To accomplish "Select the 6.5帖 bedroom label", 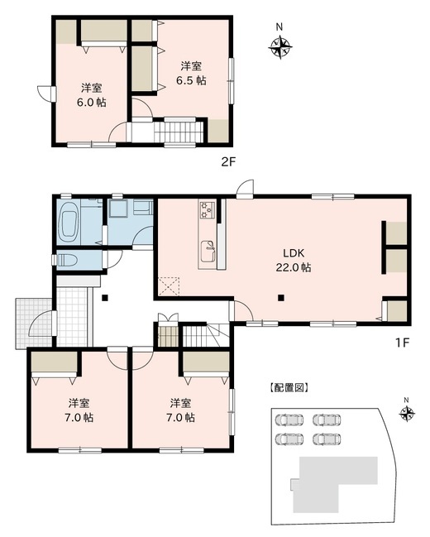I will click(x=192, y=73).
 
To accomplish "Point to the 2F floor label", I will click(x=229, y=162).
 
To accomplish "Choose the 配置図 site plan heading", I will click(x=289, y=387).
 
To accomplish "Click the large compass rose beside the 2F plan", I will click(x=279, y=49).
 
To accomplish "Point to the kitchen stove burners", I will click(x=206, y=210).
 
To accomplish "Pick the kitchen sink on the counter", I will click(x=209, y=246).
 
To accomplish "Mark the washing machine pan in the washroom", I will click(x=119, y=209).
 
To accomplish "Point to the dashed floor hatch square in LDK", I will click(x=171, y=285).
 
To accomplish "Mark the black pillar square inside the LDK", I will click(x=281, y=298).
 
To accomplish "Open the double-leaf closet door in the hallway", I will click(x=168, y=318).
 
